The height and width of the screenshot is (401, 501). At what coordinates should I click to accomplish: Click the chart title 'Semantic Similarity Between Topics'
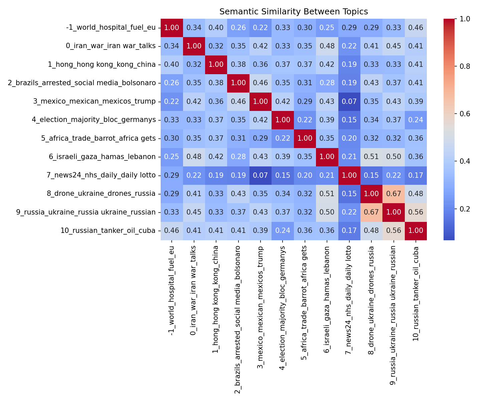294,12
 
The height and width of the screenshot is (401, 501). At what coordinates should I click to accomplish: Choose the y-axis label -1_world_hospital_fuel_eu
111,28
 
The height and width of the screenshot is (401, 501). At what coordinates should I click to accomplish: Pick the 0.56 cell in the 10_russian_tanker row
393,231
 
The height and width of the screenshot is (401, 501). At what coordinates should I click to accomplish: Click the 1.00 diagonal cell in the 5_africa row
305,138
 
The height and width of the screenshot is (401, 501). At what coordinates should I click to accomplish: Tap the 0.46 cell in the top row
415,28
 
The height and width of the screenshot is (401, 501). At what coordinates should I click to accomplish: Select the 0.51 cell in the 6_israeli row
371,157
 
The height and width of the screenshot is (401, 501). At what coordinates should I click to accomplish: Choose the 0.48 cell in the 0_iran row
327,46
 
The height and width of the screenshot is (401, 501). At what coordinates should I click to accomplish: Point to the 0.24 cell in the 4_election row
415,120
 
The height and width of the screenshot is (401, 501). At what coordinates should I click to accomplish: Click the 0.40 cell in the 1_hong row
172,64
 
